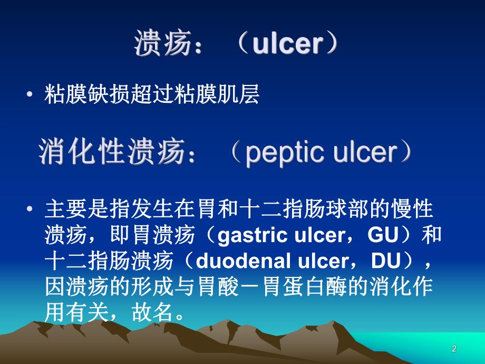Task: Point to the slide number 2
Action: tap(454, 349)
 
